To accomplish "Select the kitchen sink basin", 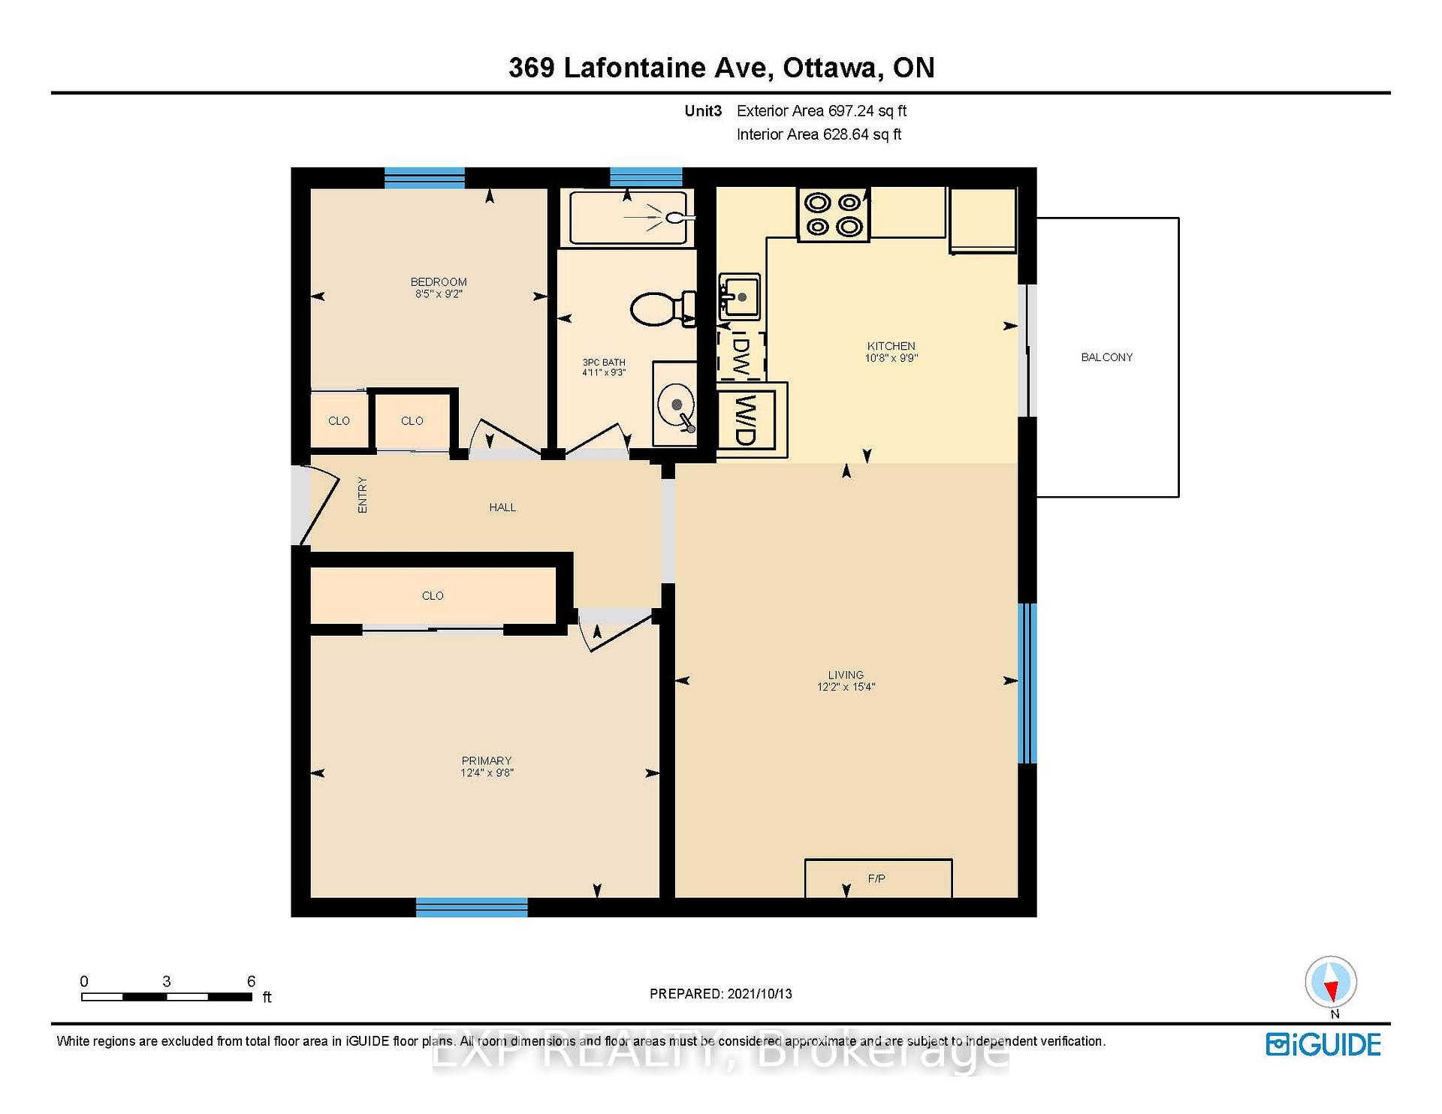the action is pos(740,297).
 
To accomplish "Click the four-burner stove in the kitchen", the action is pos(833,215).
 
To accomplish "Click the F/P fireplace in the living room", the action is pos(878,878).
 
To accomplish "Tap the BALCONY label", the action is pos(1106,357).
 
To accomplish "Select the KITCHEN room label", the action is pos(891,346).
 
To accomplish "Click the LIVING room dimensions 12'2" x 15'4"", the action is pos(846,687).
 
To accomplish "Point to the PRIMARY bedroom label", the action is pos(487,760).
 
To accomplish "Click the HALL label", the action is pos(502,507).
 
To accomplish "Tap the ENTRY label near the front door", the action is pos(363,495).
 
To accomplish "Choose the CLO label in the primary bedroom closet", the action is pos(433,596).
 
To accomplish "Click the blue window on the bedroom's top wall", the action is pos(424,178).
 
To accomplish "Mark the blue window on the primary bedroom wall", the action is pos(472,907).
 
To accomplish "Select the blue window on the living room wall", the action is pos(1027,683).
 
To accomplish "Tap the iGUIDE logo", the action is pos(1323,1045).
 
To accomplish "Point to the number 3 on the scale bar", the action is pos(167,982).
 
